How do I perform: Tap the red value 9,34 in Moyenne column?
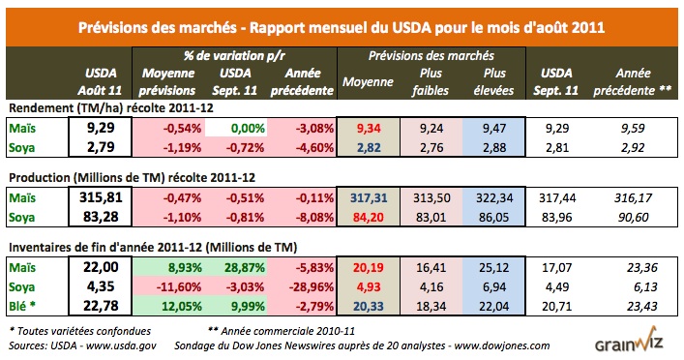tap(375, 126)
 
